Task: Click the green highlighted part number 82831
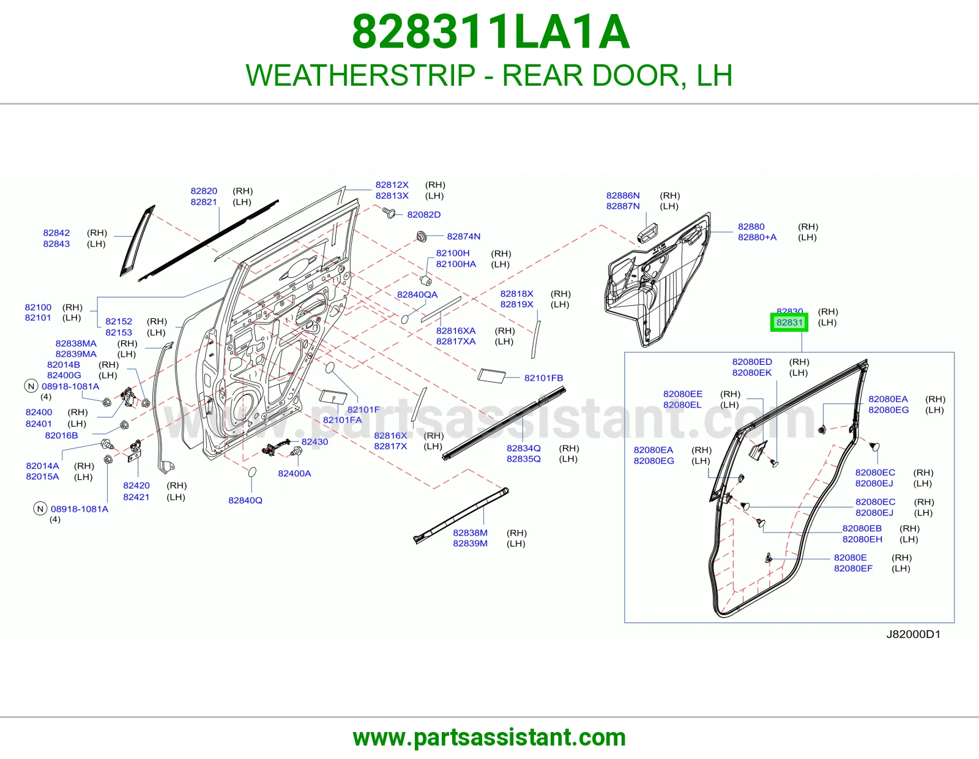[789, 322]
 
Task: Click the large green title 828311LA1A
[491, 32]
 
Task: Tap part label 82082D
[423, 214]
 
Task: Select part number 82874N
[464, 236]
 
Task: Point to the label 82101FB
[543, 378]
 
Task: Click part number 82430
[315, 442]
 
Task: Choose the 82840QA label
[417, 294]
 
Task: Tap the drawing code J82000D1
[913, 634]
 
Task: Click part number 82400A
[294, 473]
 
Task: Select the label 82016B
[61, 435]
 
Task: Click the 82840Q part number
[245, 500]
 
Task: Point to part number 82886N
[623, 195]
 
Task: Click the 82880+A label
[757, 237]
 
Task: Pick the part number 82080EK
[751, 373]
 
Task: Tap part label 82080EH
[862, 539]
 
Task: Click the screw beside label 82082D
[389, 212]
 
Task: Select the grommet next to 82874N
[421, 236]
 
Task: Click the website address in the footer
[489, 738]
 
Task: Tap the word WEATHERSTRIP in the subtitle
[360, 75]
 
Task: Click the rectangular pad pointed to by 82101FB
[491, 376]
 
